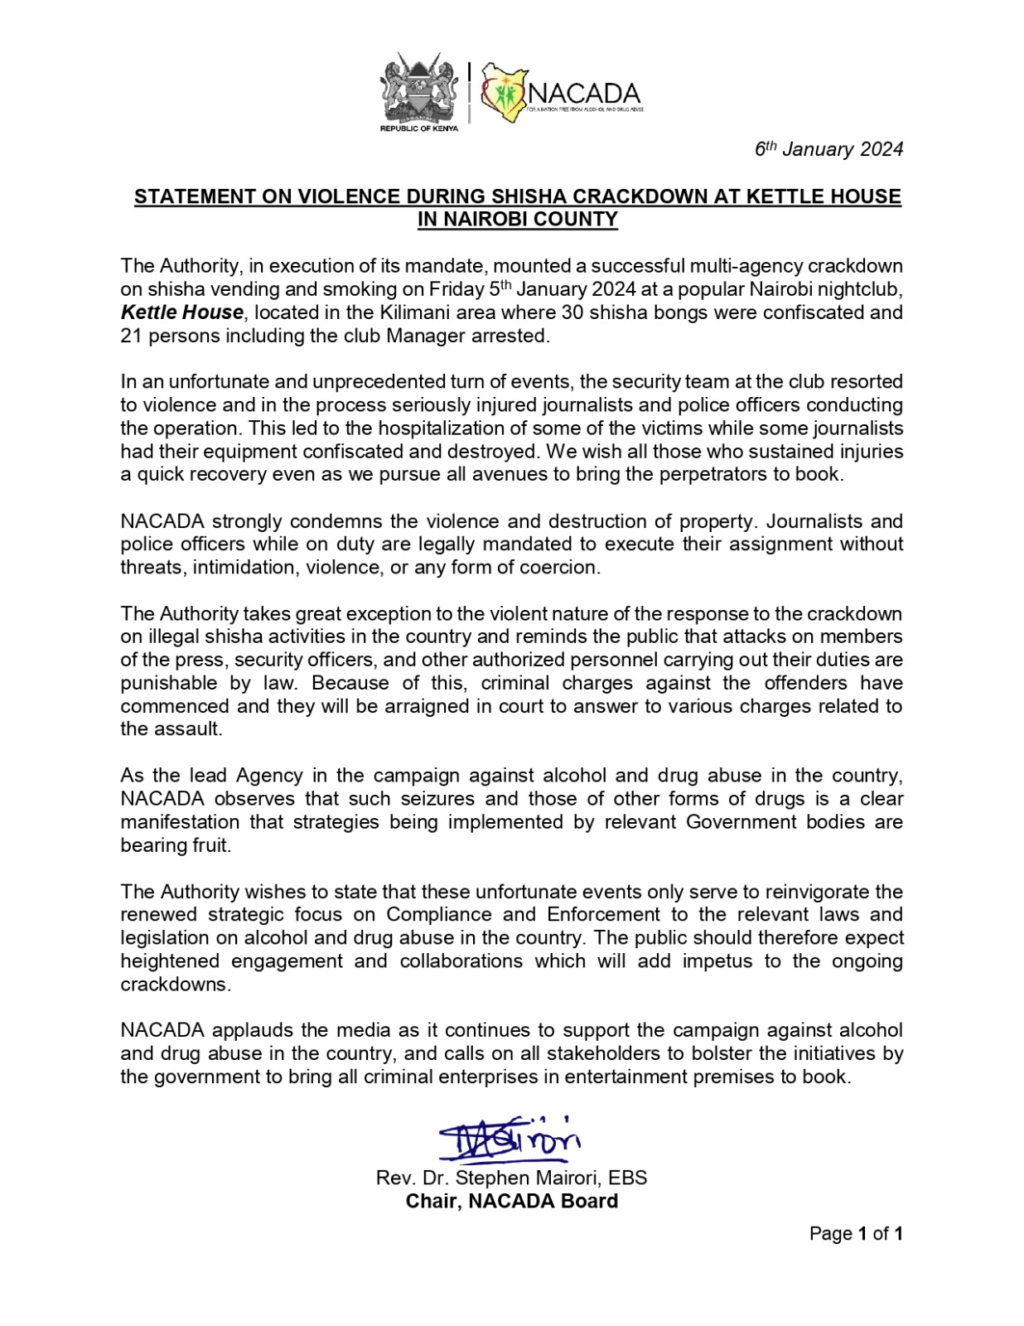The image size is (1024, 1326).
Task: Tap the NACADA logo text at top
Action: (583, 93)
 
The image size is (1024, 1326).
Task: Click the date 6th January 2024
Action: (828, 149)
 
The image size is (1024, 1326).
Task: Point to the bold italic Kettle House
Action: (182, 312)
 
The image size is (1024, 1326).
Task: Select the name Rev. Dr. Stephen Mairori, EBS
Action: (511, 1178)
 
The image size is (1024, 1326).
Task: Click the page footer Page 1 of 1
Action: (855, 1233)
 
